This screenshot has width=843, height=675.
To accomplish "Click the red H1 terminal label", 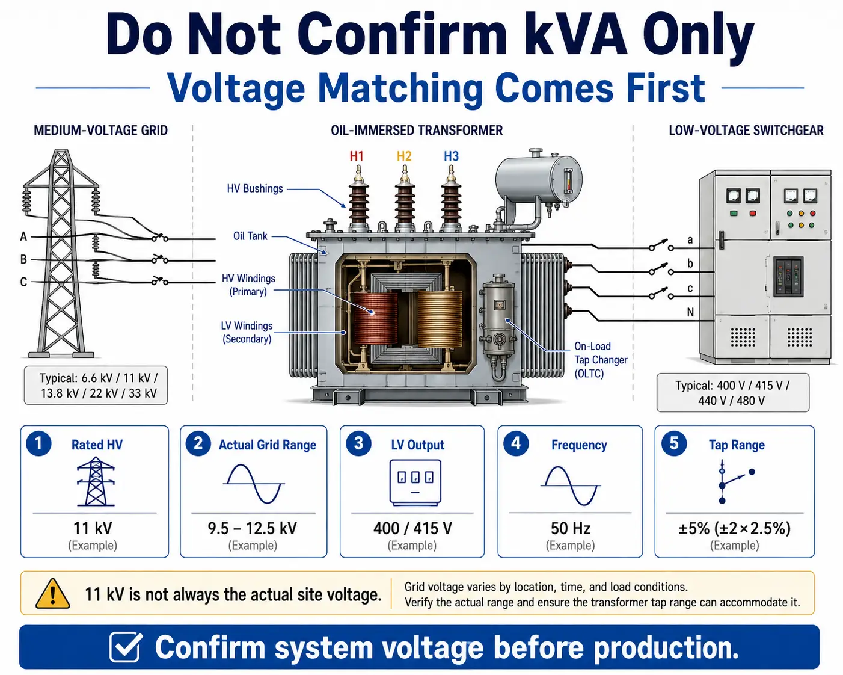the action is point(356,156).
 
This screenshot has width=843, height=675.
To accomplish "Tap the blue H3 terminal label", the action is point(451,156).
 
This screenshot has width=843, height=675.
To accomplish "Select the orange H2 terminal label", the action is point(404,156).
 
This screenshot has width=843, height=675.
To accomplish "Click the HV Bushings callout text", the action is point(254,188).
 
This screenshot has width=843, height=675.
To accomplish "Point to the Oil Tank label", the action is point(250,236).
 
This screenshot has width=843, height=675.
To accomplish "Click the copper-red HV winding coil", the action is point(375,318).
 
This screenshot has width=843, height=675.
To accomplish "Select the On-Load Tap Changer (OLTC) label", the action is point(601,360).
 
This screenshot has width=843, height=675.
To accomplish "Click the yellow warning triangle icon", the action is point(52,594).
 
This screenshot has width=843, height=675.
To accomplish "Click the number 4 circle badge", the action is point(516,443).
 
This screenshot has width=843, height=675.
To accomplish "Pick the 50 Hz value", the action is point(571,528).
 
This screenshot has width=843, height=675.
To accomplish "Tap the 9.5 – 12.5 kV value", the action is point(253,528).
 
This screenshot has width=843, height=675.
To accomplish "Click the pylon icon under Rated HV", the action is point(96,481).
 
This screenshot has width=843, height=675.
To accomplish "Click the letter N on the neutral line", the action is point(690,312).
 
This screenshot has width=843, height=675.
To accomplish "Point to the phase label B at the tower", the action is point(23,259).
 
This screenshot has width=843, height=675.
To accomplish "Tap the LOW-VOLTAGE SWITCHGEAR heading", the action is point(746,130).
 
